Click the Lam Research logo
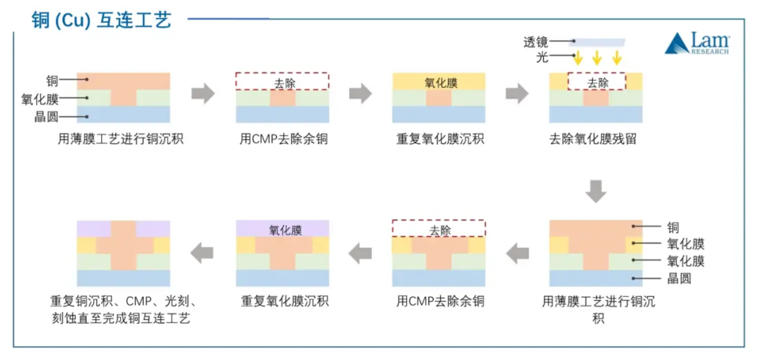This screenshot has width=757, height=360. tap(697, 44)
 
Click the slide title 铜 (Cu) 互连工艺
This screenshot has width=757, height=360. tap(101, 20)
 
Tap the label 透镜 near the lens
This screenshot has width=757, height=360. tap(535, 42)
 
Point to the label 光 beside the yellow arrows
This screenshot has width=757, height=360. tap(542, 57)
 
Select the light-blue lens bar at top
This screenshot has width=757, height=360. tap(599, 42)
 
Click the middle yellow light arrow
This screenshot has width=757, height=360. tap(597, 58)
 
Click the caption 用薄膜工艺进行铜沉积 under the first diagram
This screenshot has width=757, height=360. tap(121, 139)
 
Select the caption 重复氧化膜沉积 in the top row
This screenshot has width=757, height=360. tap(440, 139)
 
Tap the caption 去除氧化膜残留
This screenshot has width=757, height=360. tap(593, 139)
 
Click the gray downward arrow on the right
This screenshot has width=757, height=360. tap(596, 191)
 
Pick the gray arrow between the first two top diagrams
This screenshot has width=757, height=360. tap(203, 93)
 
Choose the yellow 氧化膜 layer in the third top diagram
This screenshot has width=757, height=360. tap(439, 82)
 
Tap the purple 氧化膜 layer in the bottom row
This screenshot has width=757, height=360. tap(282, 229)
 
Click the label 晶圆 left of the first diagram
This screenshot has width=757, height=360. tap(46, 116)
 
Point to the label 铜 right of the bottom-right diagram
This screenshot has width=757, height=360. tap(673, 227)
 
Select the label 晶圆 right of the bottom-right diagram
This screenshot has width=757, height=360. tap(679, 279)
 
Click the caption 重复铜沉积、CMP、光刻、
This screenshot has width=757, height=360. tap(123, 301)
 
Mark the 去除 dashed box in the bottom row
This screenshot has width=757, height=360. tap(439, 229)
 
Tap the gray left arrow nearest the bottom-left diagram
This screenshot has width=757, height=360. tap(202, 253)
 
